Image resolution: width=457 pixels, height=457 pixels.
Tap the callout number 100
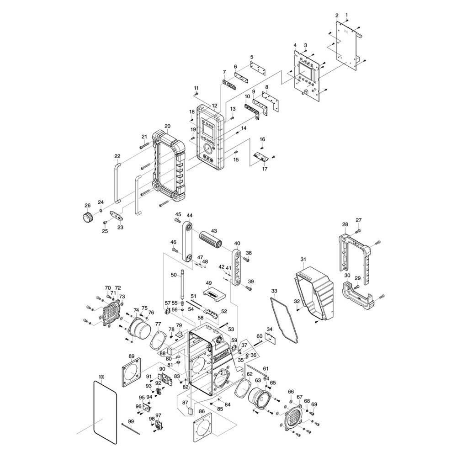tap(101, 377)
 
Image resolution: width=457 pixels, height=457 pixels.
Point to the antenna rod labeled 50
tap(181, 284)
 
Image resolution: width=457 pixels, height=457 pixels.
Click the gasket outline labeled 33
tap(284, 320)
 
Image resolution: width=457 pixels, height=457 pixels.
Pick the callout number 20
tap(167, 126)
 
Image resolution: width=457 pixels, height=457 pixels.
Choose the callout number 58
tap(200, 318)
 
